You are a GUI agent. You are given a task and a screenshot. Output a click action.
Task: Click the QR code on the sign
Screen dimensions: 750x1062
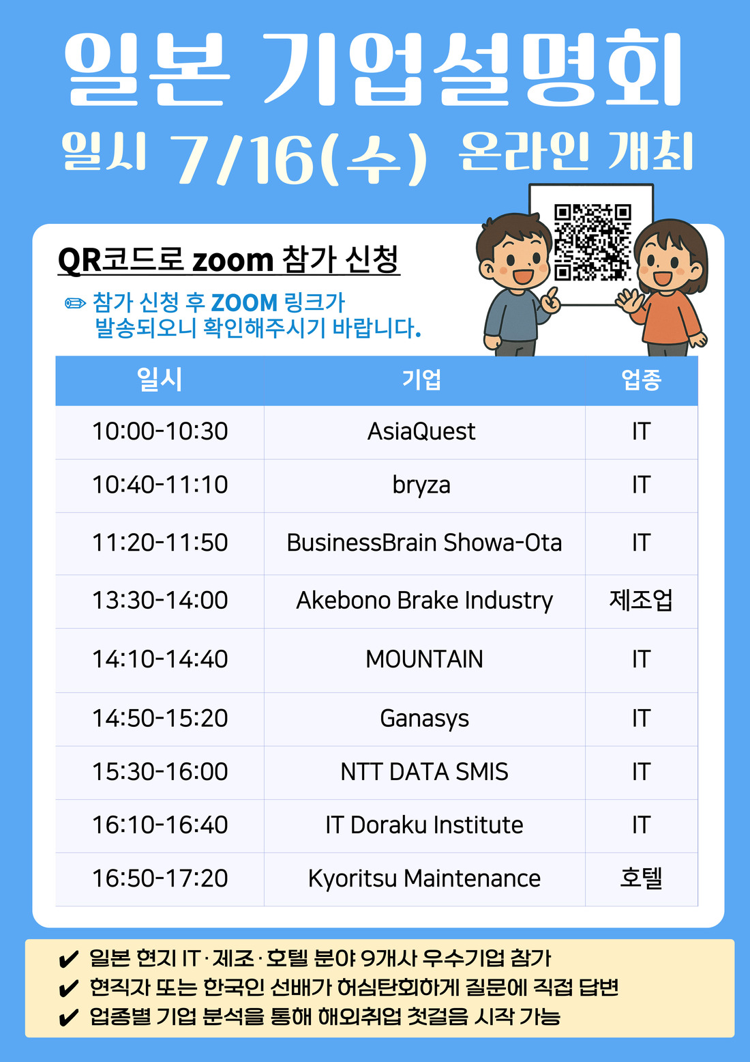pos(592,242)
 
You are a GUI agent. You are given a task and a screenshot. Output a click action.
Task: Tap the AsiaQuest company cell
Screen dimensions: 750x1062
pos(421,431)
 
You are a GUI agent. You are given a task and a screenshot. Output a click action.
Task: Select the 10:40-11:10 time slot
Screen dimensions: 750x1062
pos(160,485)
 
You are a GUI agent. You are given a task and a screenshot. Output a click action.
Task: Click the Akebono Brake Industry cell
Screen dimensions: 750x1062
pos(424,600)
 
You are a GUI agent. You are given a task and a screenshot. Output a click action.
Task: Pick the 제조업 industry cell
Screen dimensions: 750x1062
pos(641,600)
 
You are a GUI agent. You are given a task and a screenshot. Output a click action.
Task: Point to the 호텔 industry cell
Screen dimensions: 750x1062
pos(641,878)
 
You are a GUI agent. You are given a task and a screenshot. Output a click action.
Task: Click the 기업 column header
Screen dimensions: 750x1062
pos(421,379)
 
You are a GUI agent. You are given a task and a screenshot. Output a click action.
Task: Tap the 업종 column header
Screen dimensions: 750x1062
pos(641,379)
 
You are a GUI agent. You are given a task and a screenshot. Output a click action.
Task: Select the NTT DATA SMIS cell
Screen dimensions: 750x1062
pos(424,771)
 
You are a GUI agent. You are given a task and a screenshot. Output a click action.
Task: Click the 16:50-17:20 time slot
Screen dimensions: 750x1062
pos(160,878)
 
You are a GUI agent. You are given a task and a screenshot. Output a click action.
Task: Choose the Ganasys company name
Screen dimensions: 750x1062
pos(424,719)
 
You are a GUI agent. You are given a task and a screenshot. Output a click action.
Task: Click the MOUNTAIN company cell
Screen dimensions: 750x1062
pos(424,659)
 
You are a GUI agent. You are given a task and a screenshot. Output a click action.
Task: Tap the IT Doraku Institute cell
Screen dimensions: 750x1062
pos(424,825)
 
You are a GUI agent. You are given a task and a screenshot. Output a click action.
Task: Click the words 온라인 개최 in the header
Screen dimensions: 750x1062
pos(575,151)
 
